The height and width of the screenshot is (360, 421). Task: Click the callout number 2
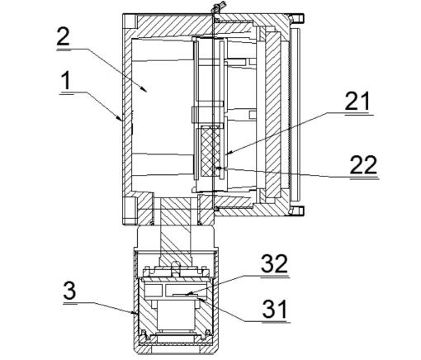[63, 36]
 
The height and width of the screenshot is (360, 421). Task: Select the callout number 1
[65, 81]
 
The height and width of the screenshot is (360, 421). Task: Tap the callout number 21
[357, 101]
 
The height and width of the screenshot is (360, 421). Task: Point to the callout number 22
[363, 164]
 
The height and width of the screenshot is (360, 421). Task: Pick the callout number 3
[69, 291]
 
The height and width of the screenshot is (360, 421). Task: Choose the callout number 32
[274, 263]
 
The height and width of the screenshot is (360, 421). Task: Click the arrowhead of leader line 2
[144, 88]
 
